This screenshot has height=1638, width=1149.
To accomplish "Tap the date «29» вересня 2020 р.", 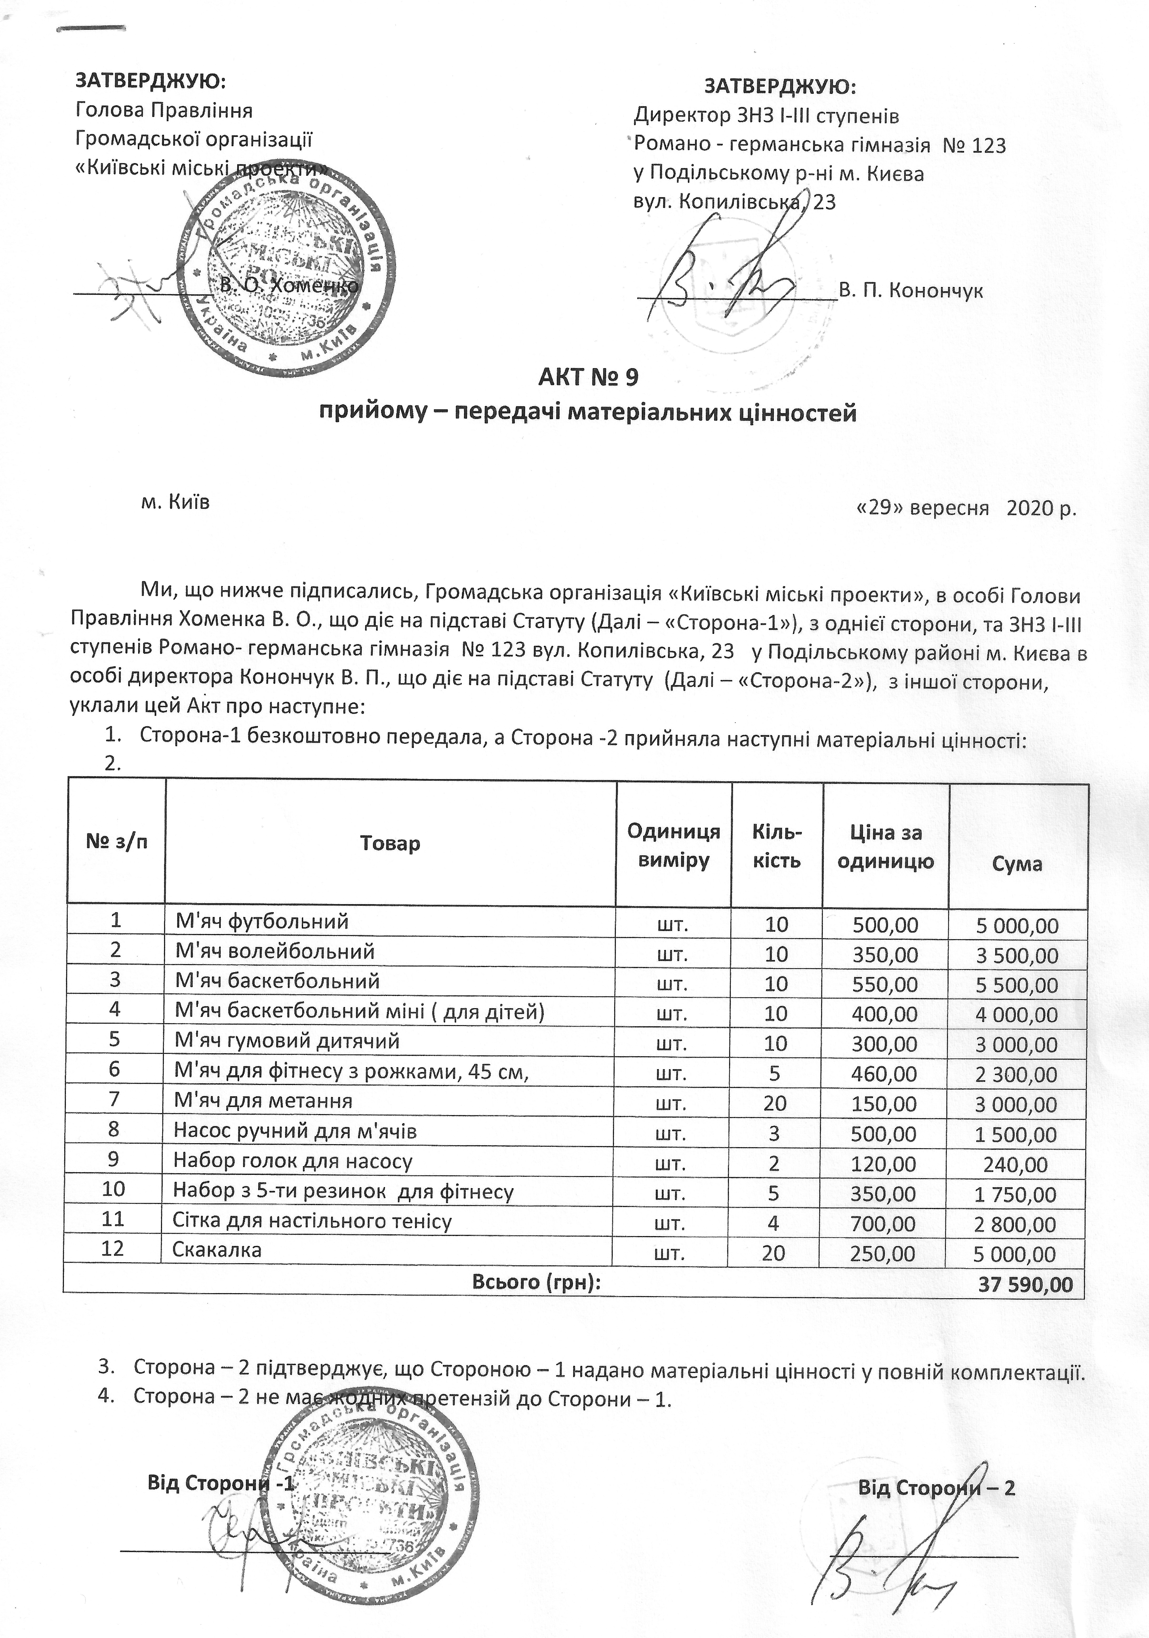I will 965,508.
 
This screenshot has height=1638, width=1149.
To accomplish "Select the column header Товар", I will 390,843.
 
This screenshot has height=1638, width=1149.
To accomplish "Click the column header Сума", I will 1017,864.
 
